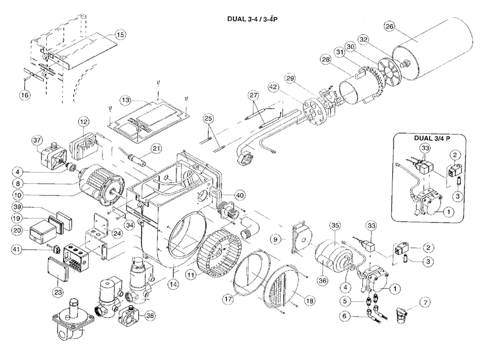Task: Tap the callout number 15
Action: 121,35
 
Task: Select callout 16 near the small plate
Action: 24,95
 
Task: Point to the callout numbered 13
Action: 125,100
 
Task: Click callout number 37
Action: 37,141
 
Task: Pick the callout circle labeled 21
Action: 156,148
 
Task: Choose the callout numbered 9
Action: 275,239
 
